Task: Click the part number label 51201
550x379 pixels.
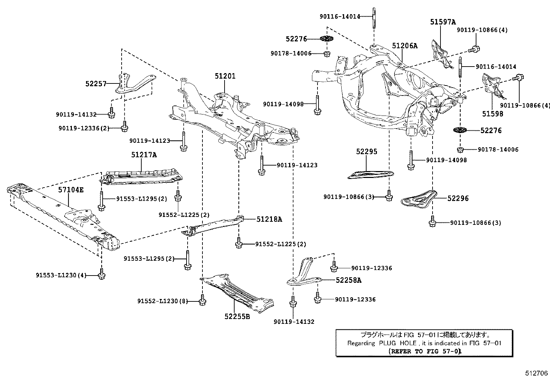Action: coord(225,76)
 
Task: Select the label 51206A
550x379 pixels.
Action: coord(405,46)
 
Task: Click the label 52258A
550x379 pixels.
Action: coord(348,280)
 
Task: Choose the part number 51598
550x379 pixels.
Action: coord(493,113)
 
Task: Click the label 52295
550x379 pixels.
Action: coord(367,151)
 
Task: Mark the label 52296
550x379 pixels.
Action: coord(458,198)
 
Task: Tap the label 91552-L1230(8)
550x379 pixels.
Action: coord(162,301)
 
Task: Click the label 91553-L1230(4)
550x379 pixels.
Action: coord(61,275)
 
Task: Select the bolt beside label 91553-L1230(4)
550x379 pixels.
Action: coord(101,275)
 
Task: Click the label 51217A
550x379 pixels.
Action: coord(144,155)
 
